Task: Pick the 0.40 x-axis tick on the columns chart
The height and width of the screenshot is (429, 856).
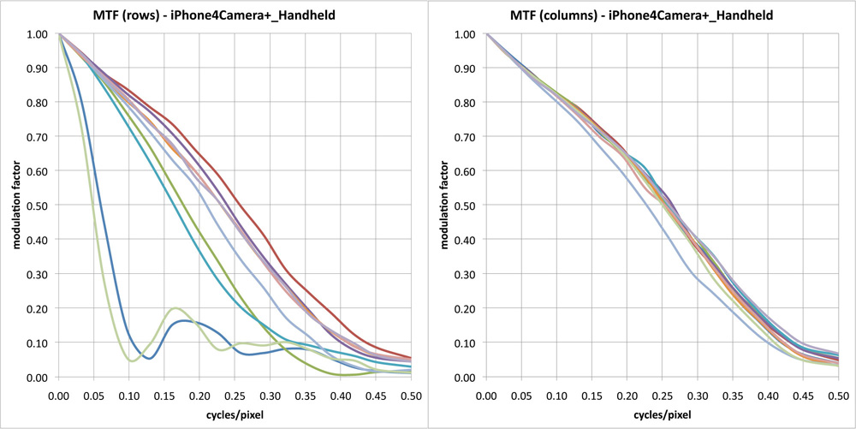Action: (x=767, y=395)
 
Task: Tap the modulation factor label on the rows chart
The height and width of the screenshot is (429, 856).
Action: (x=15, y=206)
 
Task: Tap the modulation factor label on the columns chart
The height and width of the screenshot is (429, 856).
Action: (x=443, y=206)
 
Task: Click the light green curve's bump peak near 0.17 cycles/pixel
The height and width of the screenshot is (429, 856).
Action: (x=175, y=308)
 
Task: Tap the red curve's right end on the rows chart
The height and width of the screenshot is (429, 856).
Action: (x=410, y=358)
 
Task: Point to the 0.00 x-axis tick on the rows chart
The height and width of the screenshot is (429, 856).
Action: (x=58, y=395)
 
